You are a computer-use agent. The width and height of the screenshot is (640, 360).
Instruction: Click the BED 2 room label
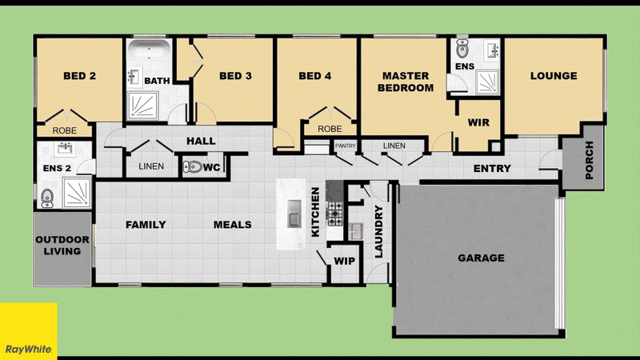pyautogui.click(x=79, y=76)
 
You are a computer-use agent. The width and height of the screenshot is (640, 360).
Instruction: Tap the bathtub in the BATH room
pyautogui.click(x=149, y=51)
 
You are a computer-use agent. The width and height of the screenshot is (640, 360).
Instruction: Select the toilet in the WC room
pyautogui.click(x=193, y=166)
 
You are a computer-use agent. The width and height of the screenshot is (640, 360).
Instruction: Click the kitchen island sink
pyautogui.click(x=294, y=213)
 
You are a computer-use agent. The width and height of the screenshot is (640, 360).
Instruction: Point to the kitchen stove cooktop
pyautogui.click(x=335, y=214)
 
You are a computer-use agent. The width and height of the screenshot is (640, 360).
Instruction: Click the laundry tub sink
pyautogui.click(x=355, y=231)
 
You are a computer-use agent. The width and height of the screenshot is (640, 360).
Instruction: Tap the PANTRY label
pyautogui.click(x=346, y=146)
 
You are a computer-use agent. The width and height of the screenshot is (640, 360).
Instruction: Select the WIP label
pyautogui.click(x=345, y=262)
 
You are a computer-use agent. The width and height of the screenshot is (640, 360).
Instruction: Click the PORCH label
pyautogui.click(x=589, y=160)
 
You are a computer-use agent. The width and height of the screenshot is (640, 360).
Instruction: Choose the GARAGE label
pyautogui.click(x=482, y=258)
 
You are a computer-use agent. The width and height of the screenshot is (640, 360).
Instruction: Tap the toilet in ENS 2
pyautogui.click(x=47, y=198)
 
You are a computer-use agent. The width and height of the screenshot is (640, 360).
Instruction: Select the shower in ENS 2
pyautogui.click(x=77, y=192)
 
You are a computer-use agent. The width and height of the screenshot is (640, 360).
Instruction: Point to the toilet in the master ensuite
pyautogui.click(x=462, y=49)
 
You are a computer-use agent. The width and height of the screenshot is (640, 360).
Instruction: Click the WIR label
pyautogui.click(x=478, y=122)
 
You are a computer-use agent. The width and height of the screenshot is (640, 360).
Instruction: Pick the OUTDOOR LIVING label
pyautogui.click(x=62, y=246)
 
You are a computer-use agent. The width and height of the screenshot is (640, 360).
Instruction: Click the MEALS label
pyautogui.click(x=232, y=225)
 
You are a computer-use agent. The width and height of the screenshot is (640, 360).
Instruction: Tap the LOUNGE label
pyautogui.click(x=554, y=76)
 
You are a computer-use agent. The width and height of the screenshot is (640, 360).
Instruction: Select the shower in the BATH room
pyautogui.click(x=142, y=106)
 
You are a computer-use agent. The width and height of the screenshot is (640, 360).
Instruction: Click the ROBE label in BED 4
pyautogui.click(x=330, y=129)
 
